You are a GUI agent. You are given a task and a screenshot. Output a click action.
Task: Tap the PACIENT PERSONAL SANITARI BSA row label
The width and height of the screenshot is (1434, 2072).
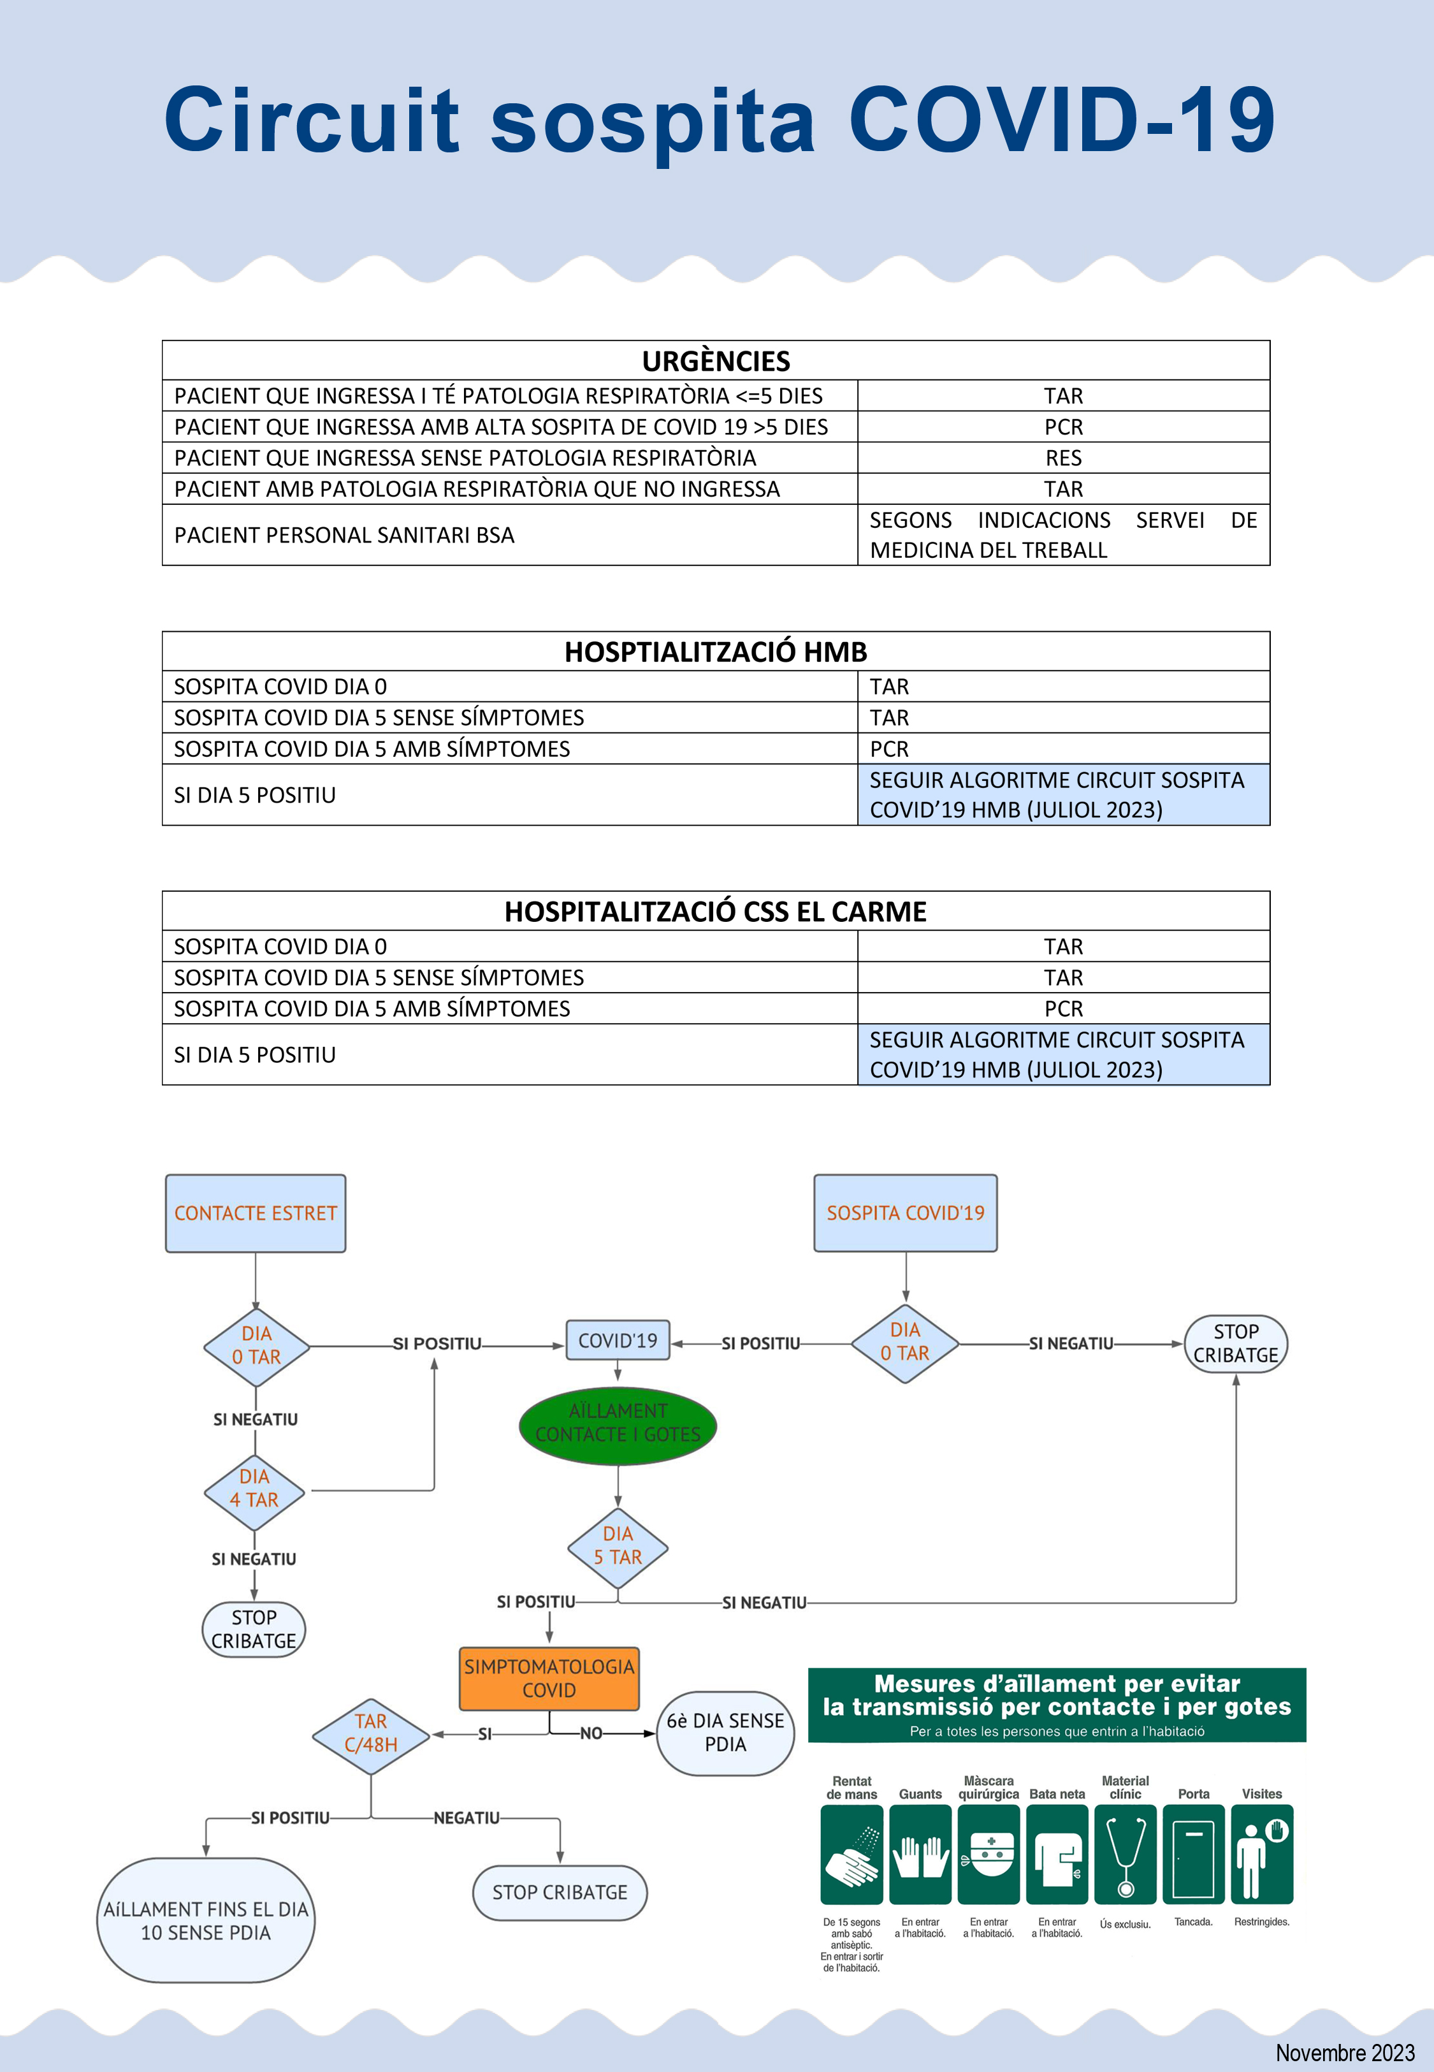coord(344,536)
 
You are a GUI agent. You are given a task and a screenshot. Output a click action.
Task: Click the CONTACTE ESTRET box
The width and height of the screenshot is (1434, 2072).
coord(255,1213)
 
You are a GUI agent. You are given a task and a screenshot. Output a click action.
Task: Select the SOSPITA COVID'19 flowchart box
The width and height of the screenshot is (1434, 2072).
coord(905,1213)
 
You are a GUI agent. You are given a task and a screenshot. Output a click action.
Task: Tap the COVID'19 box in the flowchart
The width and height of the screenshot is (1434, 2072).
coord(618,1341)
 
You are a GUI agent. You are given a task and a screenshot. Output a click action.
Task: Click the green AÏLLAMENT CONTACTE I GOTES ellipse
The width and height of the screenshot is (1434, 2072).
coord(618,1423)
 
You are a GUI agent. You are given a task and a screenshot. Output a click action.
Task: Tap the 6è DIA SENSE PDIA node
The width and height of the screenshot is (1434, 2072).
coord(725,1732)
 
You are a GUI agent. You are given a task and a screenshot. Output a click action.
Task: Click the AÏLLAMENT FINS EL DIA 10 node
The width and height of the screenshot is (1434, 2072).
coord(206,1921)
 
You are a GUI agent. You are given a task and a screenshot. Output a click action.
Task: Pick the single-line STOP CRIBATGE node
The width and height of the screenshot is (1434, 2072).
coord(560,1892)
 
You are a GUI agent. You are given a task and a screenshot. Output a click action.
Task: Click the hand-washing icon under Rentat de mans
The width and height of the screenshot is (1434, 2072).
coord(851,1855)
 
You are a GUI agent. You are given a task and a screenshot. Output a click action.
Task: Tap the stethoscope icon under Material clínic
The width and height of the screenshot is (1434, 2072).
coord(1125,1855)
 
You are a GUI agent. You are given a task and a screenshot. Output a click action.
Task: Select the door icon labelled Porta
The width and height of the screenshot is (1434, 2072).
coord(1193,1855)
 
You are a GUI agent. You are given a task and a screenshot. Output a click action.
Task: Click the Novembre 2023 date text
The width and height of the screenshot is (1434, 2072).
coord(1344,2053)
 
